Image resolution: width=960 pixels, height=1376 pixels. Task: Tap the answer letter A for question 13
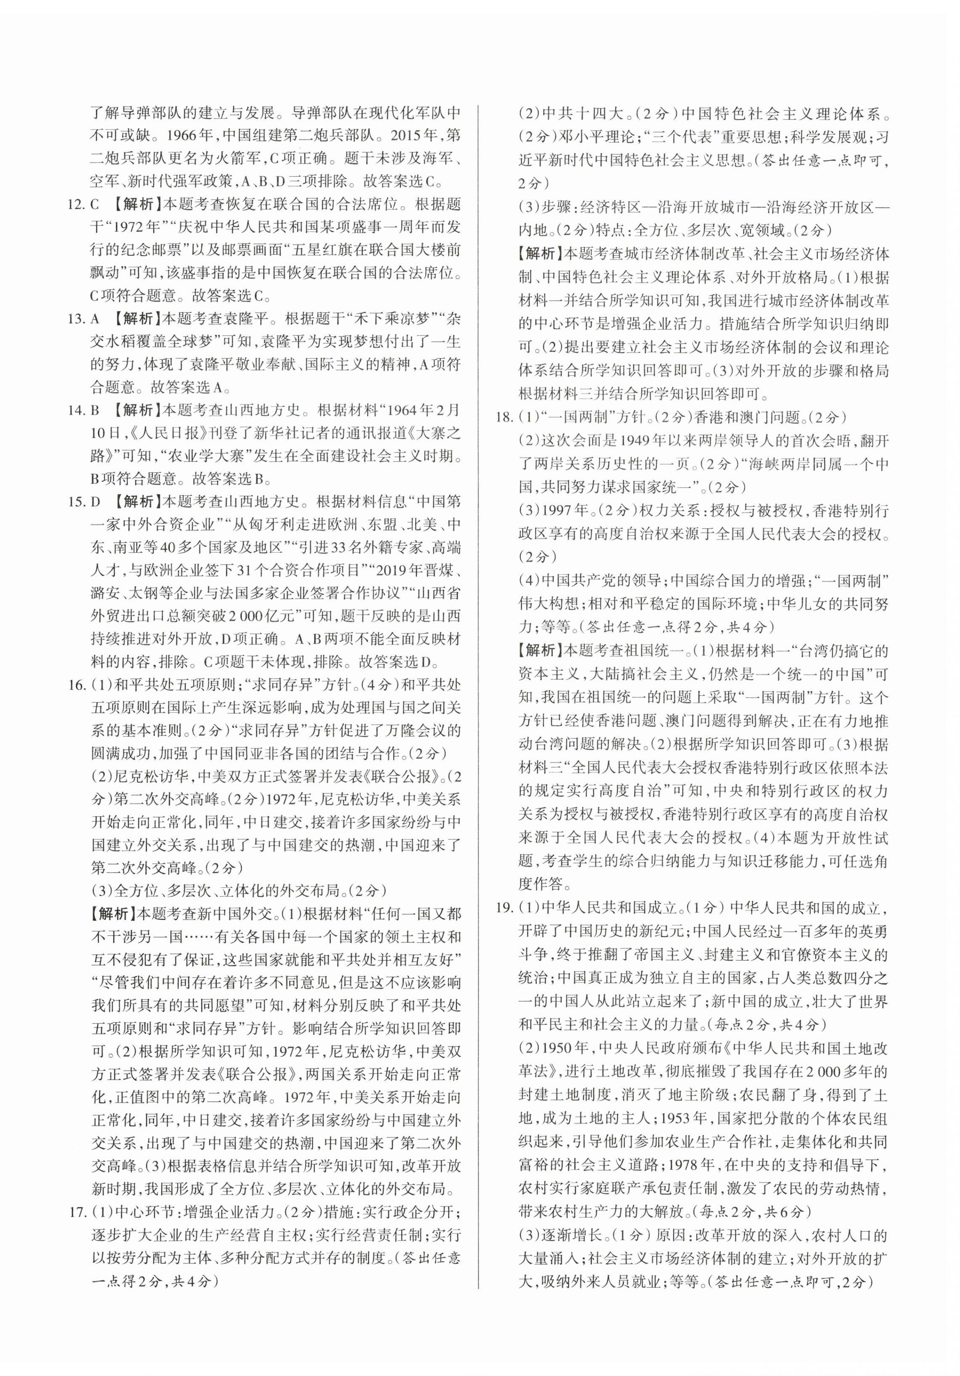coord(95,318)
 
